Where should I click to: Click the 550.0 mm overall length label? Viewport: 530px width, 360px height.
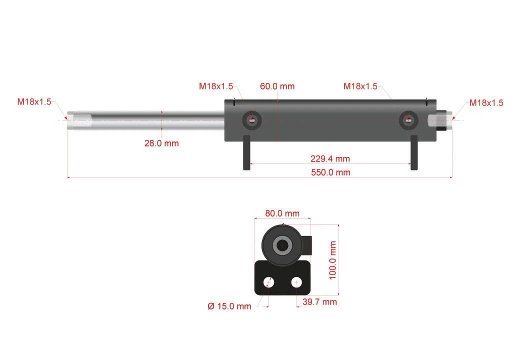click(x=330, y=172)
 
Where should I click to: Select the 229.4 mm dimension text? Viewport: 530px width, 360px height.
click(x=330, y=158)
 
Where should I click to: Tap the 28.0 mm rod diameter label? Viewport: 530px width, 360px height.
click(x=161, y=143)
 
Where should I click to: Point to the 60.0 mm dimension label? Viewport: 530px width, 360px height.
click(x=277, y=86)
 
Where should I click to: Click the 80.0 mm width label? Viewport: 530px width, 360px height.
click(x=282, y=213)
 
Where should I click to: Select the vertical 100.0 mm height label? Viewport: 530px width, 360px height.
click(x=333, y=260)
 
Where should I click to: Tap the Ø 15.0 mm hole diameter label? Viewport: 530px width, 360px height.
click(x=229, y=306)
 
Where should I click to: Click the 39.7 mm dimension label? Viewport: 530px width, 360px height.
click(x=320, y=302)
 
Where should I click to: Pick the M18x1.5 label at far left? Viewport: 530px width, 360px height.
click(x=34, y=101)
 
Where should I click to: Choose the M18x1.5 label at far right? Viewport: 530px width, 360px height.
click(x=486, y=103)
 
